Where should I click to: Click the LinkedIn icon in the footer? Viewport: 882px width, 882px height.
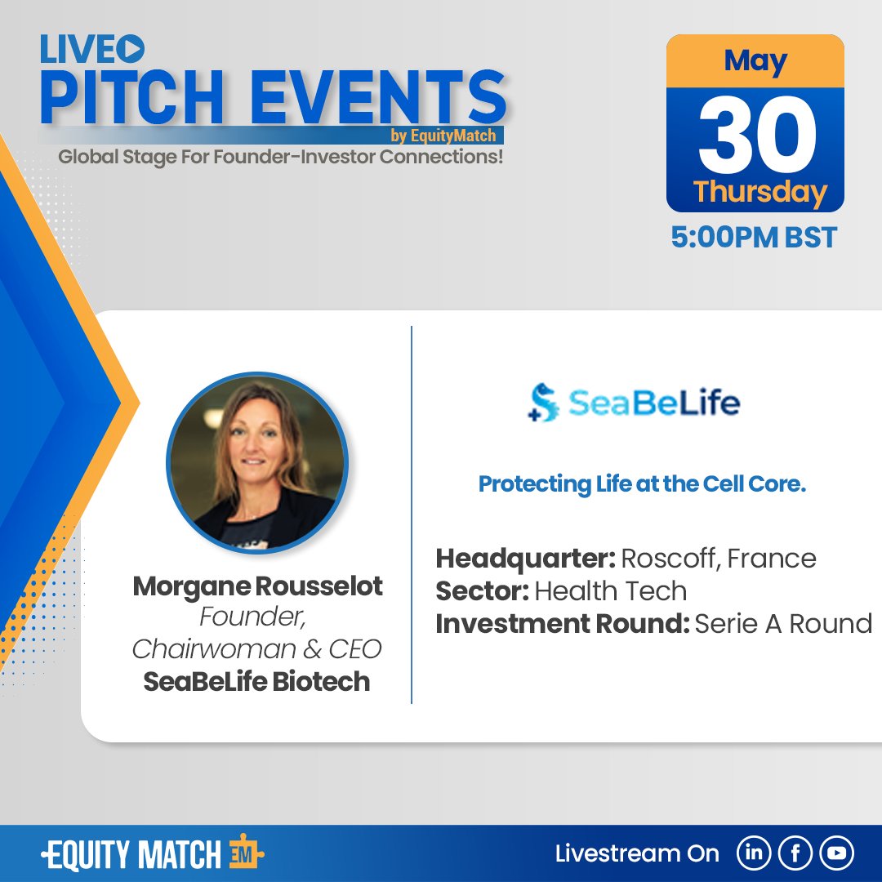pyautogui.click(x=755, y=853)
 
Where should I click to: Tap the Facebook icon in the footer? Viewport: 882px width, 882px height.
pyautogui.click(x=795, y=853)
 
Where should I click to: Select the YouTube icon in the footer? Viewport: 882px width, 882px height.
pyautogui.click(x=835, y=853)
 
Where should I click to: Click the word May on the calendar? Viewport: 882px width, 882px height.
pyautogui.click(x=755, y=62)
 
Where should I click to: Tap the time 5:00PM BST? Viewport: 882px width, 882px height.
pyautogui.click(x=754, y=237)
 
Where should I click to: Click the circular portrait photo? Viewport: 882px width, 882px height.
pyautogui.click(x=256, y=462)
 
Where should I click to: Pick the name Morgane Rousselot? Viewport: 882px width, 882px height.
pyautogui.click(x=257, y=586)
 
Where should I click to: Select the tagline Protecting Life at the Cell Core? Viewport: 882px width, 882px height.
pyautogui.click(x=642, y=484)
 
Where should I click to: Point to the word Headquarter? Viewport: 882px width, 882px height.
pyautogui.click(x=524, y=559)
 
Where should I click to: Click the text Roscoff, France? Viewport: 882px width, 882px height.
pyautogui.click(x=719, y=559)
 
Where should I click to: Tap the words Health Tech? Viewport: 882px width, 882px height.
pyautogui.click(x=611, y=590)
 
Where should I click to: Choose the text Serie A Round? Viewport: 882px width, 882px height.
pyautogui.click(x=783, y=623)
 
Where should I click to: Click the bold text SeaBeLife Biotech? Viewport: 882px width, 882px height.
pyautogui.click(x=256, y=680)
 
